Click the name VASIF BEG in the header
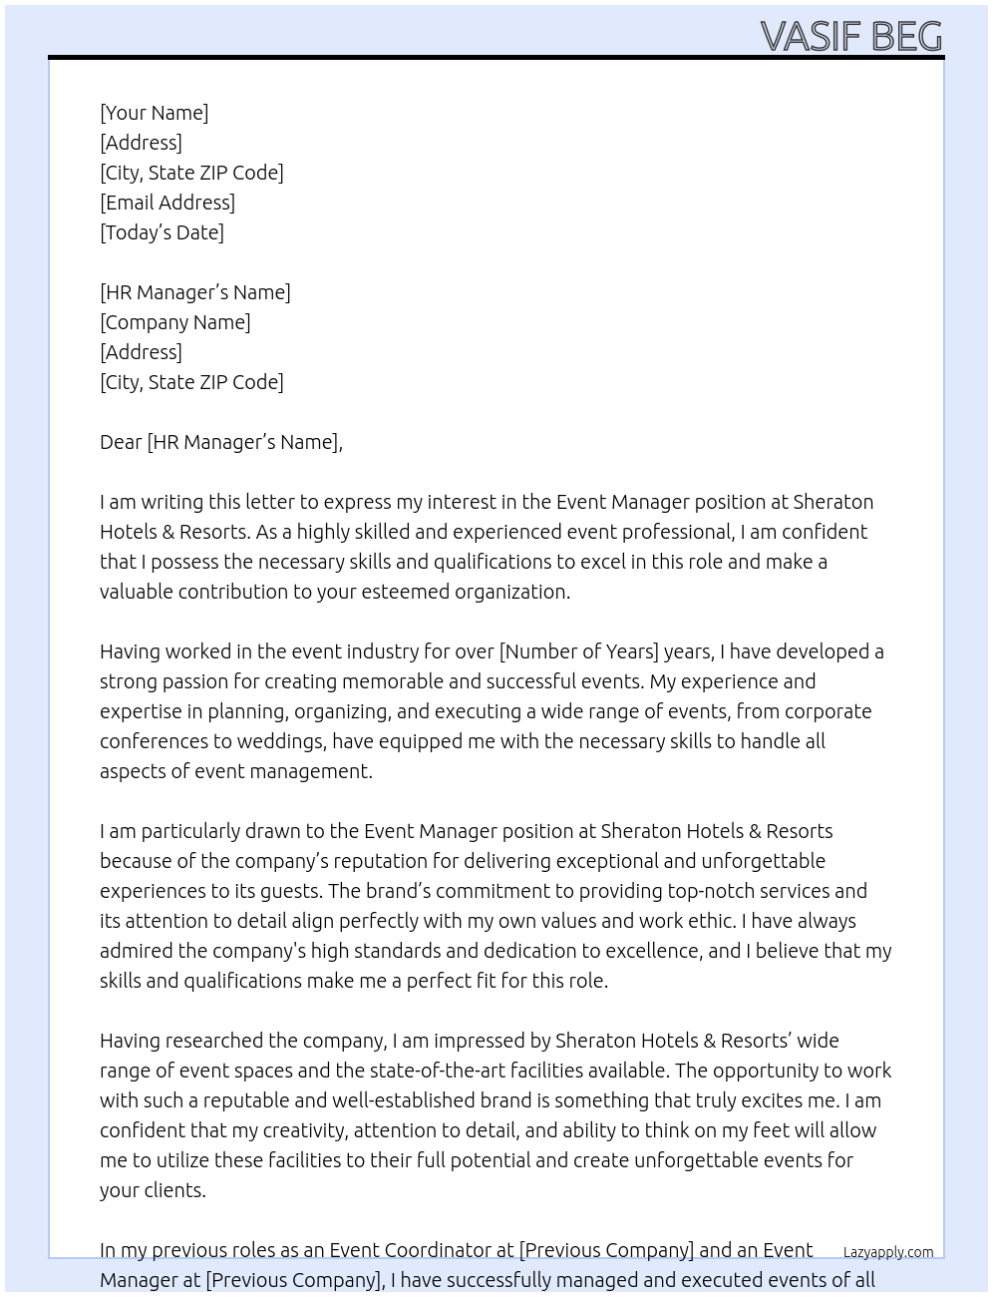pyautogui.click(x=850, y=36)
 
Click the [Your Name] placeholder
pyautogui.click(x=154, y=113)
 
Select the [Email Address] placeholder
pyautogui.click(x=167, y=203)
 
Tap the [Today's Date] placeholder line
pyautogui.click(x=162, y=232)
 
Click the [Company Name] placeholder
pyautogui.click(x=174, y=322)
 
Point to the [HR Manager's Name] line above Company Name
pyautogui.click(x=194, y=292)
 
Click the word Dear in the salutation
pyautogui.click(x=121, y=442)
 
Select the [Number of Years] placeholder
pyautogui.click(x=578, y=651)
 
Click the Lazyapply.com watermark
pyautogui.click(x=887, y=1252)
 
